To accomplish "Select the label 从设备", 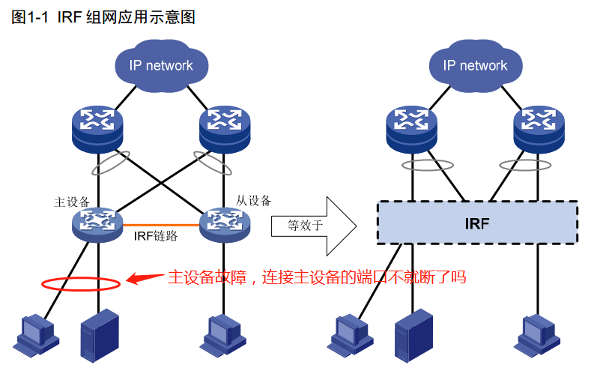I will tap(254, 200).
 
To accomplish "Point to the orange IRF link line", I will tap(161, 223).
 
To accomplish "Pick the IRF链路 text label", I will tap(156, 236).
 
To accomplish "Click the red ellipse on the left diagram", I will tap(81, 284).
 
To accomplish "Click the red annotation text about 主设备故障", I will tap(316, 277).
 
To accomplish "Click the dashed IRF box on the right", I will tap(476, 222).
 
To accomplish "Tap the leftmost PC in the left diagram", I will tap(33, 335).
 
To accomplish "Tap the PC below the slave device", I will tap(222, 335).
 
